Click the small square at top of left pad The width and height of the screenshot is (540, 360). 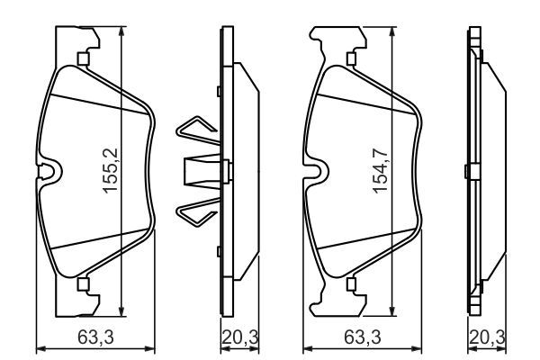83,61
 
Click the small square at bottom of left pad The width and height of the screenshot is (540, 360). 83,286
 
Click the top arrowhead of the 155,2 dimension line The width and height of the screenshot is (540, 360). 121,31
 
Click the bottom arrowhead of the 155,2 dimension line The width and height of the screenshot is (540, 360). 121,306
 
